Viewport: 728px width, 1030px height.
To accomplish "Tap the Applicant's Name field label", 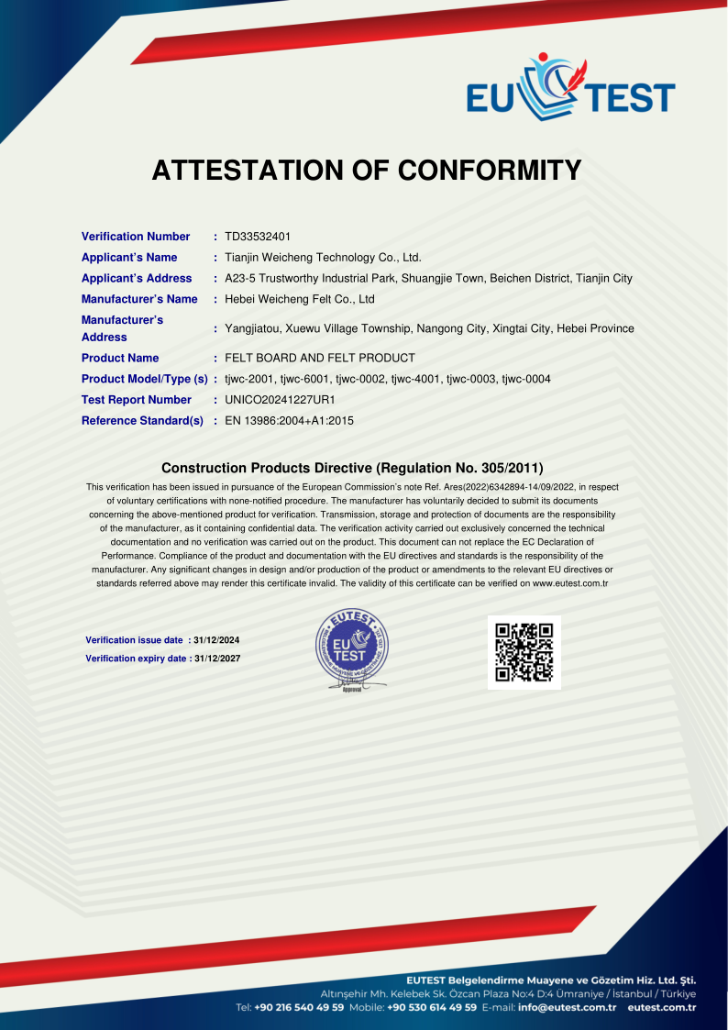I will click(x=129, y=258).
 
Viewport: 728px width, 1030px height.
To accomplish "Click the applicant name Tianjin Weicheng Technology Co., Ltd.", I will click(x=323, y=258).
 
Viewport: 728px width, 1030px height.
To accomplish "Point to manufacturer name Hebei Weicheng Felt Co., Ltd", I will click(x=300, y=299).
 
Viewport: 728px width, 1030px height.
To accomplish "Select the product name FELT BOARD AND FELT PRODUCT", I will click(x=320, y=358).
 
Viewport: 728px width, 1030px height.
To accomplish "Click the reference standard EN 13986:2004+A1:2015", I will click(x=289, y=421).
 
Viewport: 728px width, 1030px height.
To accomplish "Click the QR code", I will click(x=524, y=652).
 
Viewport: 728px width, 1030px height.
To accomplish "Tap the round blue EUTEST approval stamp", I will click(x=349, y=648).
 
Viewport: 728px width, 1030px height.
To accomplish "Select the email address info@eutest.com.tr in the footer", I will click(x=567, y=1007).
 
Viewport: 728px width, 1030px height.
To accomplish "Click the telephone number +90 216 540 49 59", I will click(x=299, y=1007).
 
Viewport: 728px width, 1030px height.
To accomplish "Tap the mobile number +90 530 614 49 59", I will click(x=431, y=1007).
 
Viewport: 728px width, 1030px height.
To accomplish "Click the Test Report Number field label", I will click(x=137, y=400).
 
